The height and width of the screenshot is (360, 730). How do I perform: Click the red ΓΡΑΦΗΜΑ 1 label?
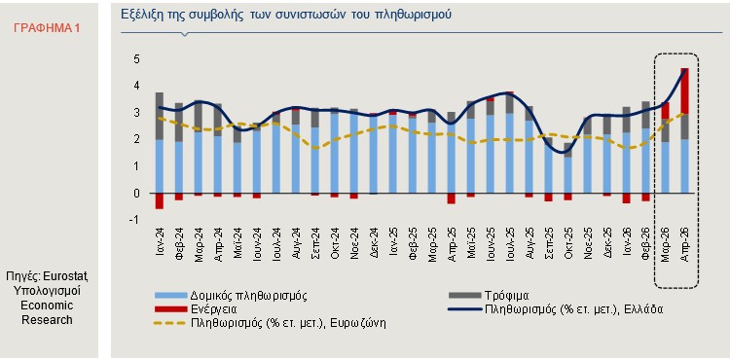pyautogui.click(x=47, y=28)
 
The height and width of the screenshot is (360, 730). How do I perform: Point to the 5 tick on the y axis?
pyautogui.click(x=137, y=59)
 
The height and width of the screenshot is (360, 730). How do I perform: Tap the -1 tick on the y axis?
pyautogui.click(x=135, y=220)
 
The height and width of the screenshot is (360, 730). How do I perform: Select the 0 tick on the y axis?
pyautogui.click(x=137, y=193)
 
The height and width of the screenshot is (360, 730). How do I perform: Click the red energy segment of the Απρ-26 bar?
pyautogui.click(x=685, y=90)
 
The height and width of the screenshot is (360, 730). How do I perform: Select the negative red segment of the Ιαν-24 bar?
pyautogui.click(x=160, y=201)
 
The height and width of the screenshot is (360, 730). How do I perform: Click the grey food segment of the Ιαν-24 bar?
pyautogui.click(x=160, y=116)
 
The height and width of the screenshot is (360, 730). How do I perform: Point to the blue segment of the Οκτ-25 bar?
pyautogui.click(x=568, y=175)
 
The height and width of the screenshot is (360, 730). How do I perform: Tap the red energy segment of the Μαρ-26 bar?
pyautogui.click(x=666, y=111)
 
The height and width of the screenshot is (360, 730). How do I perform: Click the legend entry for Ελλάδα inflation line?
pyautogui.click(x=556, y=308)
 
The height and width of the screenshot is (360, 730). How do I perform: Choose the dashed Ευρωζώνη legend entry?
pyautogui.click(x=270, y=323)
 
